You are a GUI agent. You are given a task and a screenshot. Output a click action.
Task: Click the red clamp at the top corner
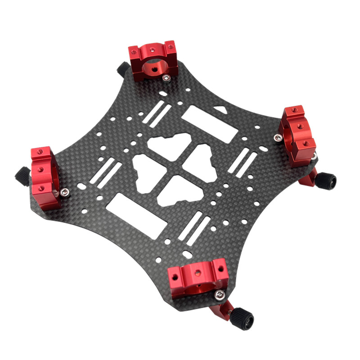pos(153,61)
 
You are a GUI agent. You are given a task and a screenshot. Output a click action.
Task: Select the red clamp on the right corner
pos(298,135)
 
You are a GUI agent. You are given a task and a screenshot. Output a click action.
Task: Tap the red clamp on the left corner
pos(45,178)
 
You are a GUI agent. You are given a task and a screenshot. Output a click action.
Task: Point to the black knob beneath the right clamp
pos(325,181)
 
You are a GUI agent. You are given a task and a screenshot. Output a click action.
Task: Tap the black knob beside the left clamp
pos(22,175)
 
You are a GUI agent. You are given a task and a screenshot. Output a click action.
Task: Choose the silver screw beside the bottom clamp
pos(220,295)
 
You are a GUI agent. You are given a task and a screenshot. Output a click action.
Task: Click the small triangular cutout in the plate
pos(220,109)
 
